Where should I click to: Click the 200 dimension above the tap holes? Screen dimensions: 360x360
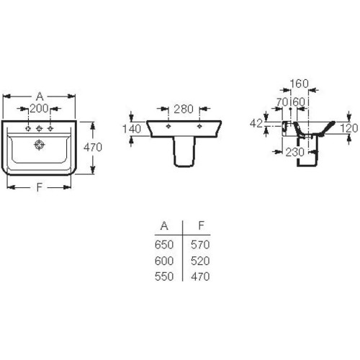[40, 109]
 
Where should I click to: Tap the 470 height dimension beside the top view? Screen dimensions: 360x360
[93, 147]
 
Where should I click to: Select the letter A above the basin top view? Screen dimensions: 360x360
[40, 96]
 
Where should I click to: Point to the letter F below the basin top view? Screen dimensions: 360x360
[40, 187]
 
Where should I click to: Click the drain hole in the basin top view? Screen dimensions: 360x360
[39, 145]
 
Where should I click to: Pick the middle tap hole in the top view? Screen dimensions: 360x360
[39, 129]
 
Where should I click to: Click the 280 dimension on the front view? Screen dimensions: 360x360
[184, 109]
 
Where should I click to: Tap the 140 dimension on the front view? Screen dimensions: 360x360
[132, 129]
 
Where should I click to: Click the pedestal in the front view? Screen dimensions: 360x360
[184, 152]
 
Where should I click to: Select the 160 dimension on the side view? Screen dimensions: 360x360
[299, 84]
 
